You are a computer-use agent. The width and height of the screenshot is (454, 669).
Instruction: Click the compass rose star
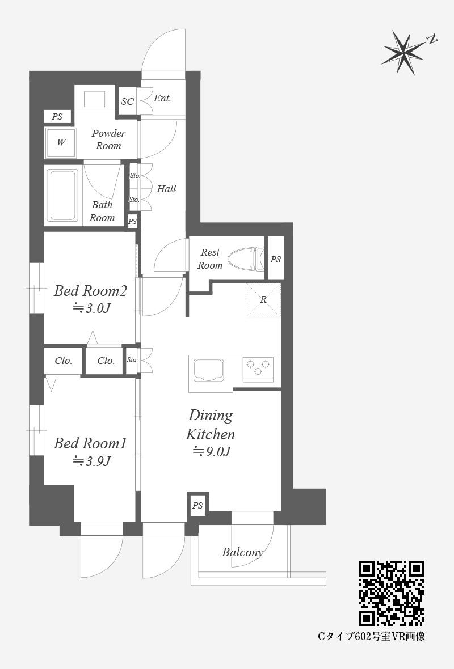(403, 53)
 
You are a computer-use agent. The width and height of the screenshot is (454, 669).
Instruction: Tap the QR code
(391, 593)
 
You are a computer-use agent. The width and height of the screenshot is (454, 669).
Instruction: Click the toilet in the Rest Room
(246, 260)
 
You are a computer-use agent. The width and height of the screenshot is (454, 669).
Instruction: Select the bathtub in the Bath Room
(63, 196)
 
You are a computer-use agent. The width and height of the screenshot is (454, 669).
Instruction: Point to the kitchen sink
(208, 370)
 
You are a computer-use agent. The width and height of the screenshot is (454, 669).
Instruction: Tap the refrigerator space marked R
(263, 300)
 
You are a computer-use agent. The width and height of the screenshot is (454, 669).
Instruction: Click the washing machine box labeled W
(61, 142)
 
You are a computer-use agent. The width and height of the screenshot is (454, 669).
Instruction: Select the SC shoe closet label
(127, 101)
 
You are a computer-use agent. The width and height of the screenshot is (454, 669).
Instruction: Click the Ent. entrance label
(162, 98)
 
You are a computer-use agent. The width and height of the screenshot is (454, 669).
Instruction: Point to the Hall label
(166, 189)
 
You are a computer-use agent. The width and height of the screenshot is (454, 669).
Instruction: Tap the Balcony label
(242, 552)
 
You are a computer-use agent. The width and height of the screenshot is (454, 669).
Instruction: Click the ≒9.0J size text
(212, 451)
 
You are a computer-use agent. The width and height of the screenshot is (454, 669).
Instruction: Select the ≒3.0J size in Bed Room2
(91, 308)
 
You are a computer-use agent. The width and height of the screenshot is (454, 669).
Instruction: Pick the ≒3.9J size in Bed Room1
(91, 461)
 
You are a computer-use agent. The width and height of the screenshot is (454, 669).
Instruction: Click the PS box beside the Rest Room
(275, 259)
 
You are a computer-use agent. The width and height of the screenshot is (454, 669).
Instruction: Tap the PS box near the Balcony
(197, 506)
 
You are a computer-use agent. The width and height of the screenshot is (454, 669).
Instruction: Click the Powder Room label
(108, 139)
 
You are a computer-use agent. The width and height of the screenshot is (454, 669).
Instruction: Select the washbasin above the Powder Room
(94, 99)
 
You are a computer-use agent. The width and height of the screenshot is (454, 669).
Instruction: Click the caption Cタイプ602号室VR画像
(371, 637)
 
